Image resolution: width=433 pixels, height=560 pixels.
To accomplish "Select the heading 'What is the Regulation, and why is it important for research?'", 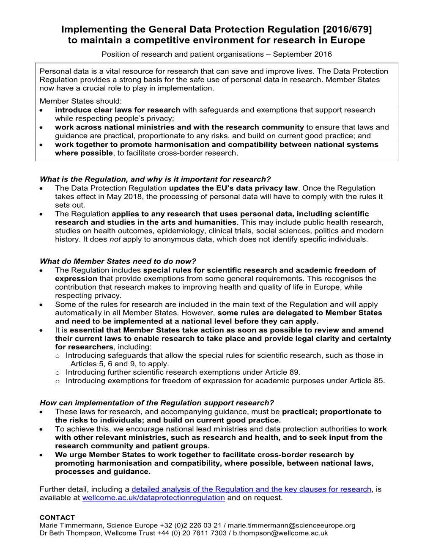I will (155, 179).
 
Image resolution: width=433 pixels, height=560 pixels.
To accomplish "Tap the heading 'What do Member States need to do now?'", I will (118, 261).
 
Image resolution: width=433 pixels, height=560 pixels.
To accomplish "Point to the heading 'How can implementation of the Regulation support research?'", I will (157, 403).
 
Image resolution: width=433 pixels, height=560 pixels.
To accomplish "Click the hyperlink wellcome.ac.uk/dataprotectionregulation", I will (153, 498).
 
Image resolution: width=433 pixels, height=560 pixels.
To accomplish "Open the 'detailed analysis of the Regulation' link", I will (251, 489).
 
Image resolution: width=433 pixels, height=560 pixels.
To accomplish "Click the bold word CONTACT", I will (57, 518).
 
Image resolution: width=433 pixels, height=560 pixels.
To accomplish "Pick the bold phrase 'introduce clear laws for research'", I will (118, 110).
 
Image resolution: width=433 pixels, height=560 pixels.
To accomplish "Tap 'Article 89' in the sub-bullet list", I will (283, 372).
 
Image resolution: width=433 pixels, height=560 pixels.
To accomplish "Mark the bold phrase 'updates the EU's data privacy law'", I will (234, 188).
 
